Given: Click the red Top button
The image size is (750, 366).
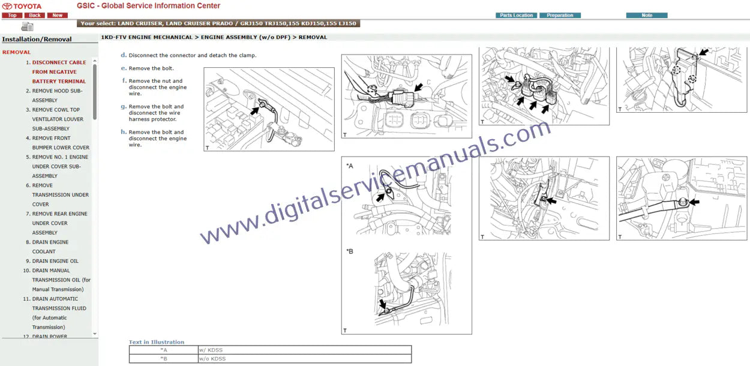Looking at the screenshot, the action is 12,16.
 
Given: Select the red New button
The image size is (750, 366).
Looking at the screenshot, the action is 57,16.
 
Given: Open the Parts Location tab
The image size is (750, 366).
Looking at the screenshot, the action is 516,16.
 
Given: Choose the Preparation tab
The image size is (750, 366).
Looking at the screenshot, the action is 560,16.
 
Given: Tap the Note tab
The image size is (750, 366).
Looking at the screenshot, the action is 647,16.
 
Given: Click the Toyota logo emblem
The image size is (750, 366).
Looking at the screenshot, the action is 7,6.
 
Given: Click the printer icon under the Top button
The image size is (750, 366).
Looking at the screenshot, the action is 27,26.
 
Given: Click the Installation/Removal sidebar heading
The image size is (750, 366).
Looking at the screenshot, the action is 37,39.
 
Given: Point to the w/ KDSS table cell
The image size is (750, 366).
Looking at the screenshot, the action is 304,350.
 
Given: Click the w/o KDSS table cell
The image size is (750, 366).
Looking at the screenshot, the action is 304,359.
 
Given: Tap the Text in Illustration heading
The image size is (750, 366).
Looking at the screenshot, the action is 157,342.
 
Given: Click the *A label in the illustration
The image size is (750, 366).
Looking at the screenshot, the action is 350,166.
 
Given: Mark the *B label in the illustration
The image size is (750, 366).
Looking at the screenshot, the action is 350,251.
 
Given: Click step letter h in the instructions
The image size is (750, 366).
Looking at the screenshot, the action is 124,132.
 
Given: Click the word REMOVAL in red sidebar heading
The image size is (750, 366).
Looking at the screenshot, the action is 16,52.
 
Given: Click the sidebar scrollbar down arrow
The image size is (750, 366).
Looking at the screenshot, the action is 95,334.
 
